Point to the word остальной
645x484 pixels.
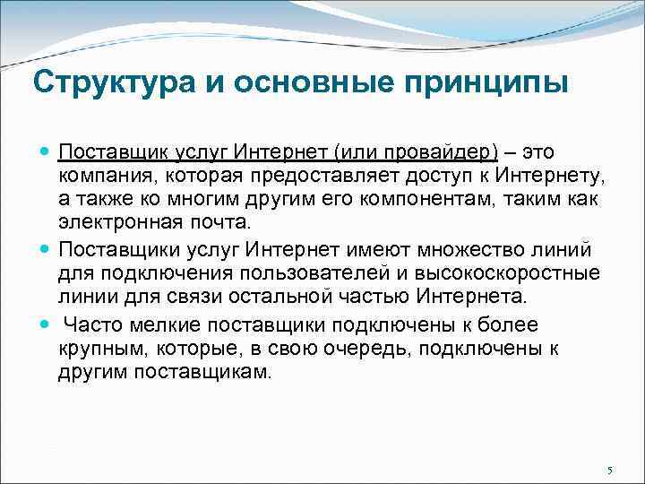267,295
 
